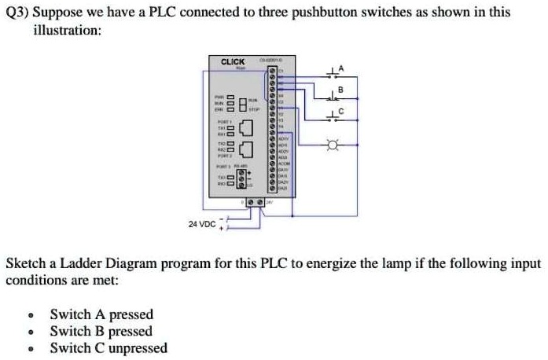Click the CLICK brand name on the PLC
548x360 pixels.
pos(233,61)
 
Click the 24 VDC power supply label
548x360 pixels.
pos(202,224)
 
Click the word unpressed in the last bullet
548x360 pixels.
pos(138,348)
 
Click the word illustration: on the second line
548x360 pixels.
pos(66,29)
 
